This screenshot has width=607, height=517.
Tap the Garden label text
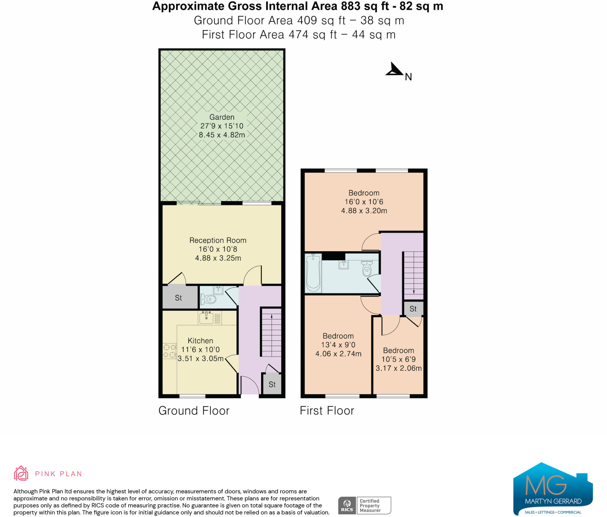click(x=222, y=117)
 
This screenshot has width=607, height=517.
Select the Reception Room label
click(x=218, y=240)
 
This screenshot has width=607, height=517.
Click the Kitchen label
click(x=200, y=341)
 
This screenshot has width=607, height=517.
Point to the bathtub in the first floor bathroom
click(x=313, y=273)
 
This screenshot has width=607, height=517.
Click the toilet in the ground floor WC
click(x=208, y=299)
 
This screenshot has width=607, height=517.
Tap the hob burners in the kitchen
click(x=170, y=351)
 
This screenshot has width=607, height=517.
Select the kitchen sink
click(x=207, y=318)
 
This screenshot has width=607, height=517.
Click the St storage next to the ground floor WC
click(x=179, y=298)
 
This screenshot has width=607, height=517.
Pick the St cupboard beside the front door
click(x=272, y=385)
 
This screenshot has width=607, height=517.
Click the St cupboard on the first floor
click(x=413, y=309)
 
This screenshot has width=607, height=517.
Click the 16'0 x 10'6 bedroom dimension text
click(x=364, y=202)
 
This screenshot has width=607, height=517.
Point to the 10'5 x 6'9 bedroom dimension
click(x=399, y=359)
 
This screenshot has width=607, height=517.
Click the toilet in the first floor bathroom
click(x=367, y=268)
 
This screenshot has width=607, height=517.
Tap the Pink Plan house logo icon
click(x=21, y=473)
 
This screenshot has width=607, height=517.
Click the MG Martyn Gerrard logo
click(x=553, y=489)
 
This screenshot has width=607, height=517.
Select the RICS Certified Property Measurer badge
click(x=365, y=505)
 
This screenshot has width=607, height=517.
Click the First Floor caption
click(x=327, y=411)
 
